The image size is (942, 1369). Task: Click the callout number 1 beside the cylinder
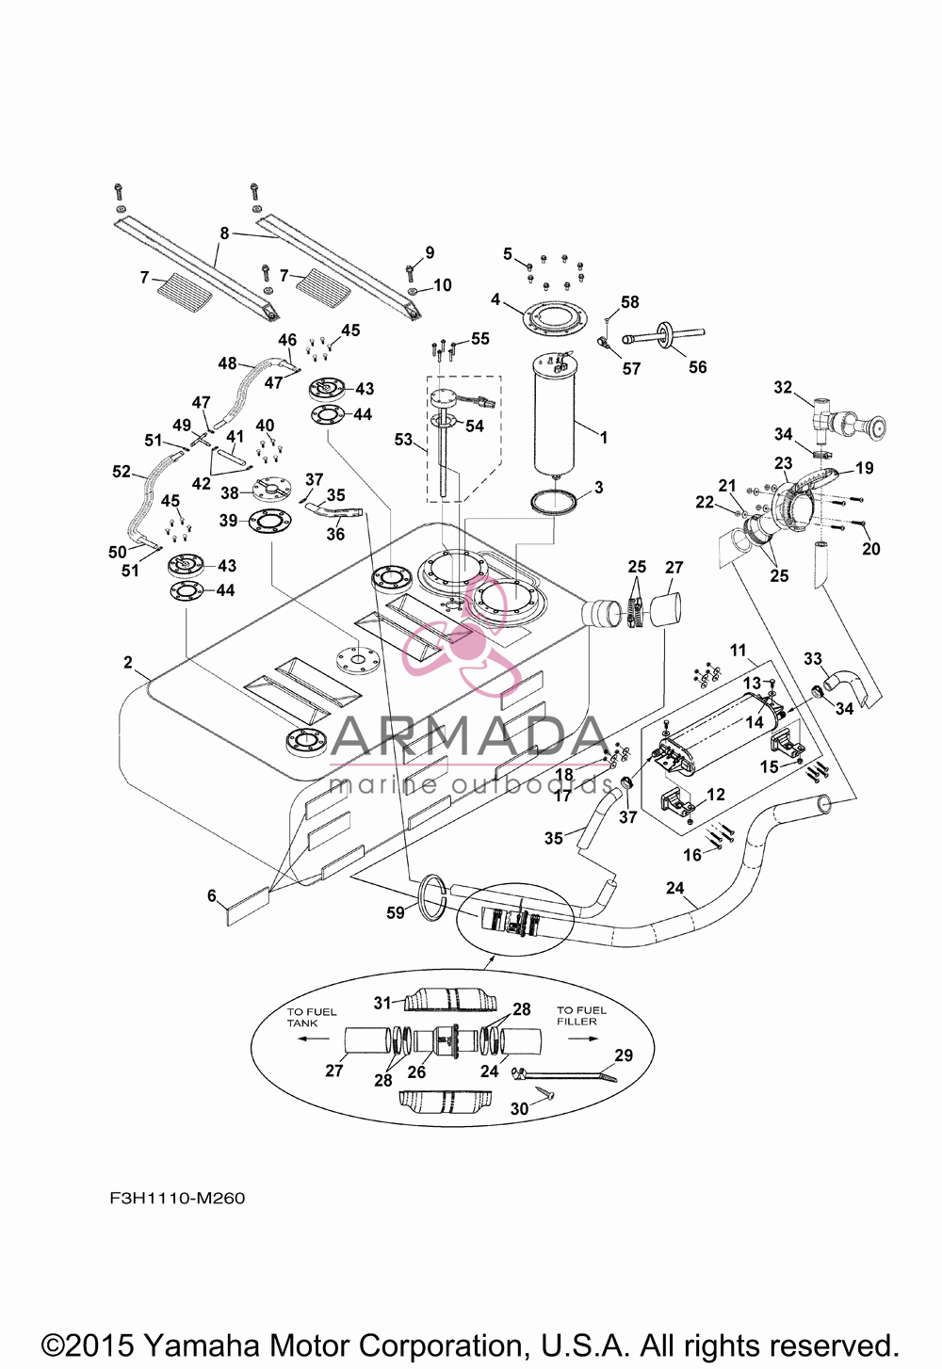point(603,438)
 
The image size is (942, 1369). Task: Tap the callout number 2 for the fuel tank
point(128,663)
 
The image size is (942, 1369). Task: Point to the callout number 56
point(697,366)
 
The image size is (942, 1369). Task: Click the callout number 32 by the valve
point(783,388)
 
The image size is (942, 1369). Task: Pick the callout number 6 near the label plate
point(212,895)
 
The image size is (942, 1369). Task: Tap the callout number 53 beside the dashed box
point(403,440)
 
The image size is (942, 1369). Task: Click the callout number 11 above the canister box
point(738,650)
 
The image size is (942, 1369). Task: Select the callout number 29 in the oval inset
point(624,1055)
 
